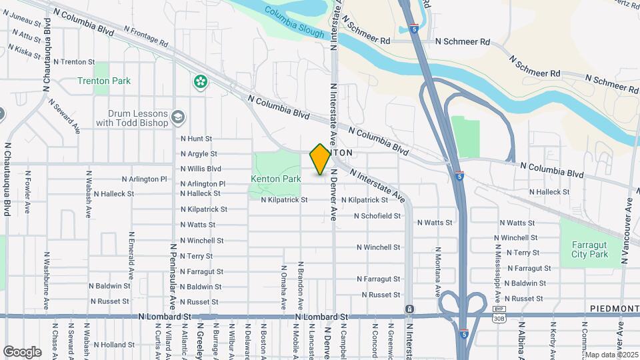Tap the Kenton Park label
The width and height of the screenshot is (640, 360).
(276, 179)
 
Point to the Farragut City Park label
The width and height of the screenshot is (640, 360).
(590, 249)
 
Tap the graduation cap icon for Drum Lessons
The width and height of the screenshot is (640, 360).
(178, 118)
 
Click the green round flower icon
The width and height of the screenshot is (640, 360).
(200, 82)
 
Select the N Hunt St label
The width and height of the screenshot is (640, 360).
(196, 139)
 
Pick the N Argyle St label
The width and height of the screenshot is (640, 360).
(199, 154)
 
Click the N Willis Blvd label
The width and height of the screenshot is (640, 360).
(201, 168)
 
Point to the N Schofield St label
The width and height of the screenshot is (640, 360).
(377, 216)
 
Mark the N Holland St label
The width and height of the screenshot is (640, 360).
(114, 345)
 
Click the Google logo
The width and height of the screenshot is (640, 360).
(23, 351)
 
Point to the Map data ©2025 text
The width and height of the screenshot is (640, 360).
(611, 355)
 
